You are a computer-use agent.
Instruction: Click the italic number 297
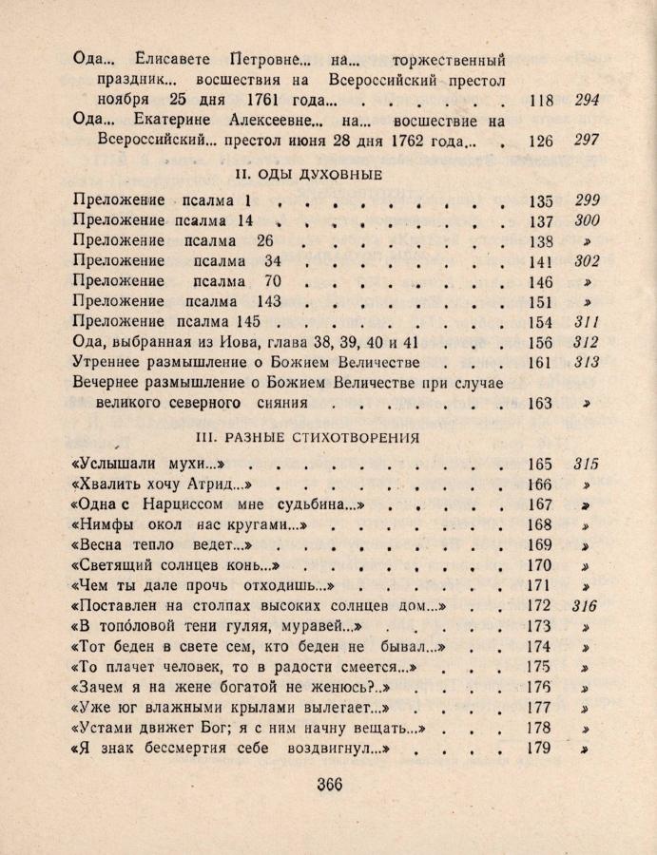coord(587,142)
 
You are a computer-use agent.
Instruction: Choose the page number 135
coord(540,201)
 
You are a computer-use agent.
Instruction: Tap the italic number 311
coord(587,322)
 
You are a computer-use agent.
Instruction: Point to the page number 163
coord(540,404)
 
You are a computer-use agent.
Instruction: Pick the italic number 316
coord(587,606)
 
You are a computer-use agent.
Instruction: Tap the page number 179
coord(540,748)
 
